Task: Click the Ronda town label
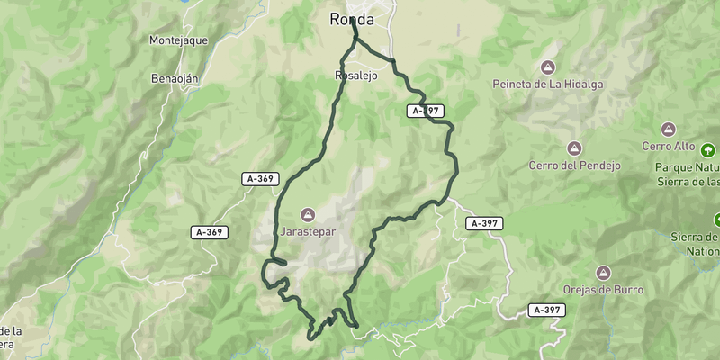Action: tap(351, 19)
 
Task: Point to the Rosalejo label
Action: tap(355, 76)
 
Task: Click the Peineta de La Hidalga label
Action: tap(547, 85)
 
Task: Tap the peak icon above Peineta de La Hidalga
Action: tap(547, 67)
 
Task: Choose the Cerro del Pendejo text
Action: tap(574, 166)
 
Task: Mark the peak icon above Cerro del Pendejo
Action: tap(574, 148)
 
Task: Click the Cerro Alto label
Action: tap(668, 147)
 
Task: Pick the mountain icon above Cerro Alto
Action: tap(668, 130)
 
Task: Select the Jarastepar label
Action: tap(307, 231)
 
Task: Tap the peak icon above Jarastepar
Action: tap(307, 214)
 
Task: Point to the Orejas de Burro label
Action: tap(603, 289)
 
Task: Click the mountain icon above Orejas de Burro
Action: tap(603, 272)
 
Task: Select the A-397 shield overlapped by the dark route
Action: tap(426, 111)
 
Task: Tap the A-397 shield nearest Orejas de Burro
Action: tap(545, 310)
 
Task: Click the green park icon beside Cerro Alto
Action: tap(708, 150)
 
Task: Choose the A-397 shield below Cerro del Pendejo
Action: tap(484, 223)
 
